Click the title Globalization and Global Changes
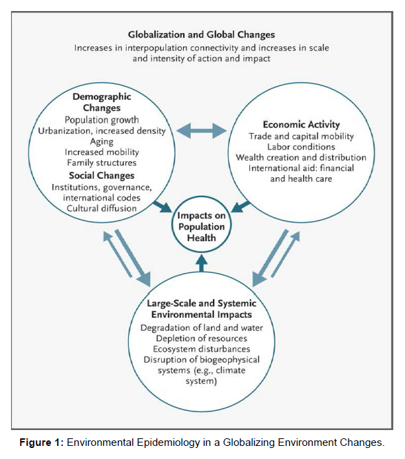coord(201,35)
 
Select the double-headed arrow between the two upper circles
coord(202,130)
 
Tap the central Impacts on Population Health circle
coord(202,226)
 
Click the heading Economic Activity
coord(301,125)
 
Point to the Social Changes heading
coord(101,176)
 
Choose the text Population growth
coord(101,120)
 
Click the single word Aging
coord(101,142)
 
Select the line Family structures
coord(101,163)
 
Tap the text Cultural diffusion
coord(101,208)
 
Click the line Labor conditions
coord(301,147)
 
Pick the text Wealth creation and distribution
coord(301,158)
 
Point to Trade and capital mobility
coord(301,136)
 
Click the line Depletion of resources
coord(202,338)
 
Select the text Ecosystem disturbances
coord(202,349)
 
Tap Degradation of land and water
coord(202,328)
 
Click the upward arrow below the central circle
coord(202,263)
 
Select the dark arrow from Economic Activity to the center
coord(240,206)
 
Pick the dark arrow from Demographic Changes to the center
coord(163,206)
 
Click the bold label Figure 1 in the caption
coord(41,442)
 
